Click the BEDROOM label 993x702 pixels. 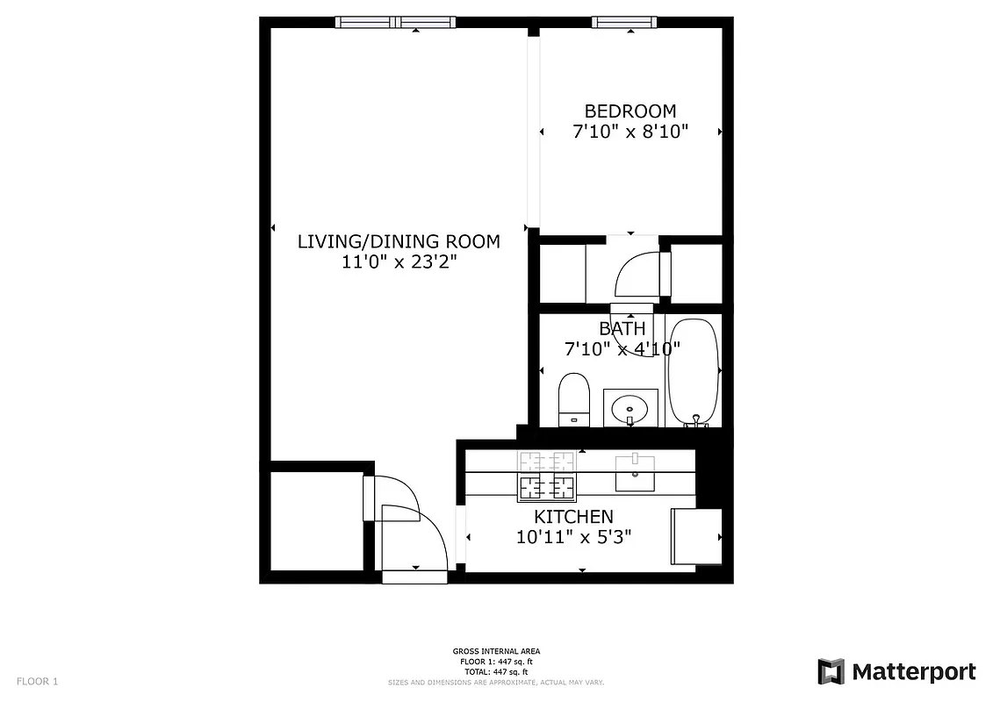630,111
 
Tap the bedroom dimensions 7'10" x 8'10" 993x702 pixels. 630,133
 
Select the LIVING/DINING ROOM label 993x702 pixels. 399,241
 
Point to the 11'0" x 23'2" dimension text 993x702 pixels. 399,261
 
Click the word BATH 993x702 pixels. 622,329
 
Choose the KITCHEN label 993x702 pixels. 573,517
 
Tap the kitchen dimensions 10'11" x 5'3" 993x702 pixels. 573,536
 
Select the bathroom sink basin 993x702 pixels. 630,408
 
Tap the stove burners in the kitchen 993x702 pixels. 546,475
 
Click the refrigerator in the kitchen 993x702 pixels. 696,535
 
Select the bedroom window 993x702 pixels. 625,23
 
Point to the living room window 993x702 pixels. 397,23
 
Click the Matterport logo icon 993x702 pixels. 831,671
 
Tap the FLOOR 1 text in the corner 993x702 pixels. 37,681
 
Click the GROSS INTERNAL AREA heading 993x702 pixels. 496,651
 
